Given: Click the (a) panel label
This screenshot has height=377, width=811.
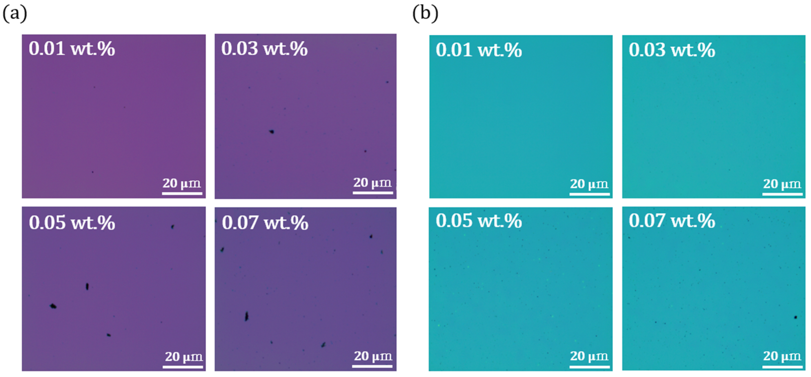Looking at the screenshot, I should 14,14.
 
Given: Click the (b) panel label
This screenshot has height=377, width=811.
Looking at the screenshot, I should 425,14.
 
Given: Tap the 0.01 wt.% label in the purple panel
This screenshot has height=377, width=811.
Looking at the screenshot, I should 72,49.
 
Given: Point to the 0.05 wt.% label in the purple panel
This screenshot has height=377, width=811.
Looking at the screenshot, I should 72,223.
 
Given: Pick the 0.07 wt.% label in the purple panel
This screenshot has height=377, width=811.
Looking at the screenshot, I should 265,223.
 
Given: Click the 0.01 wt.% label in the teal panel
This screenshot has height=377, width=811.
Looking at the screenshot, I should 479,50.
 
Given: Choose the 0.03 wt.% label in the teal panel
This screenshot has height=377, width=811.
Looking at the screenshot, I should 672,50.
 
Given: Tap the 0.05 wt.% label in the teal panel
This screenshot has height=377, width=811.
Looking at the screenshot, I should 479,221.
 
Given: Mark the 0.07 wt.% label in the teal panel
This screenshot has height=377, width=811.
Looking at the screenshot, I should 672,221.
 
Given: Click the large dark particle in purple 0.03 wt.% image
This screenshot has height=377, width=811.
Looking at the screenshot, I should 272,132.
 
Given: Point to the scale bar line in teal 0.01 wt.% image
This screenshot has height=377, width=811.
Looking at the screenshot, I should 589,194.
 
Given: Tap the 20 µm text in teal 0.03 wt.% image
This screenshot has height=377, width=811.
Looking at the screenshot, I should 782,184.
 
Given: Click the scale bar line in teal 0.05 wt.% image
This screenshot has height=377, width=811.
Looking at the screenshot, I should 589,367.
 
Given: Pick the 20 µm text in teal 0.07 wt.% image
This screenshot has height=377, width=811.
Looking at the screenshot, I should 782,356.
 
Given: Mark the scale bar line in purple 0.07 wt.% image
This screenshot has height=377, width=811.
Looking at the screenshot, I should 372,366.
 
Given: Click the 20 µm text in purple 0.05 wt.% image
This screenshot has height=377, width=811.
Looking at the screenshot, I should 184,357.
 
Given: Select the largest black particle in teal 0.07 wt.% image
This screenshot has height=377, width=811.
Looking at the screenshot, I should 796,317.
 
